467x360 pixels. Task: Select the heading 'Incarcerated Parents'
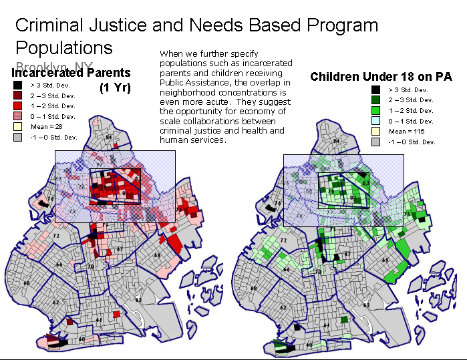tap(71, 72)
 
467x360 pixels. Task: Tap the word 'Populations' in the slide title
tap(64, 48)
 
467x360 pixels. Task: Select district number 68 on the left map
tap(26, 283)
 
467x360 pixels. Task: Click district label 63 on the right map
tap(366, 305)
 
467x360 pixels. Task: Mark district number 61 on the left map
tap(98, 320)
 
